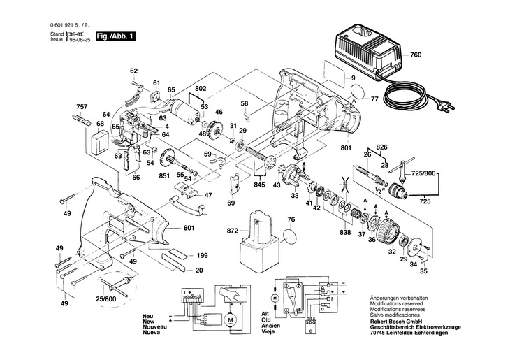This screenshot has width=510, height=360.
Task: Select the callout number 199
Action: pyautogui.click(x=202, y=256)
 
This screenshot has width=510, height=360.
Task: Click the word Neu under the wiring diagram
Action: pyautogui.click(x=148, y=315)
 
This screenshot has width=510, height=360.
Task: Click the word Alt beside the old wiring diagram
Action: pyautogui.click(x=265, y=315)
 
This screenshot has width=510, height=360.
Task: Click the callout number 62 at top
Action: pyautogui.click(x=134, y=71)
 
